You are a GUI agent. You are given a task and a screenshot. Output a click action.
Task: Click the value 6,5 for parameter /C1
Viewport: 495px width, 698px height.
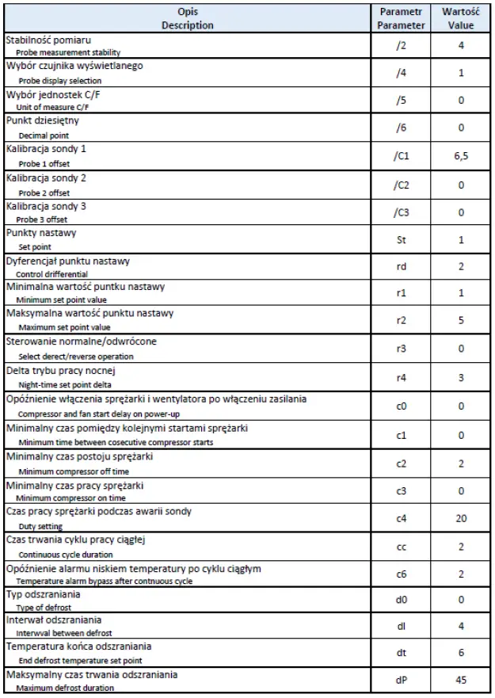pyautogui.click(x=461, y=156)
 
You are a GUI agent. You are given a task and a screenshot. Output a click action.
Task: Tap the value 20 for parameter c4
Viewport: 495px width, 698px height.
pyautogui.click(x=461, y=519)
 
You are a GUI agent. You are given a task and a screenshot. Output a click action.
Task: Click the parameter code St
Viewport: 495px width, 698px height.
pyautogui.click(x=401, y=239)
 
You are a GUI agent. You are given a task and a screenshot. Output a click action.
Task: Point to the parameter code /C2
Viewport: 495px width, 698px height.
pyautogui.click(x=401, y=184)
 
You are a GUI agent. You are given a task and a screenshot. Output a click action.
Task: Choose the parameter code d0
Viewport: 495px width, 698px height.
pyautogui.click(x=401, y=601)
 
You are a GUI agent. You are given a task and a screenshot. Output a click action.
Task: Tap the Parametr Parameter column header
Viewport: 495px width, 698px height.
pyautogui.click(x=402, y=19)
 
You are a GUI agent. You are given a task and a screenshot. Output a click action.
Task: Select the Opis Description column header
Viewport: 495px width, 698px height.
pyautogui.click(x=187, y=19)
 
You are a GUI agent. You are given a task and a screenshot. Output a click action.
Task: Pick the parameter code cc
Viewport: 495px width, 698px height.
pyautogui.click(x=401, y=547)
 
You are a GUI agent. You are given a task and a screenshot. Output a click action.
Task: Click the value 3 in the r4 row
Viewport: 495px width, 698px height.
pyautogui.click(x=461, y=379)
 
